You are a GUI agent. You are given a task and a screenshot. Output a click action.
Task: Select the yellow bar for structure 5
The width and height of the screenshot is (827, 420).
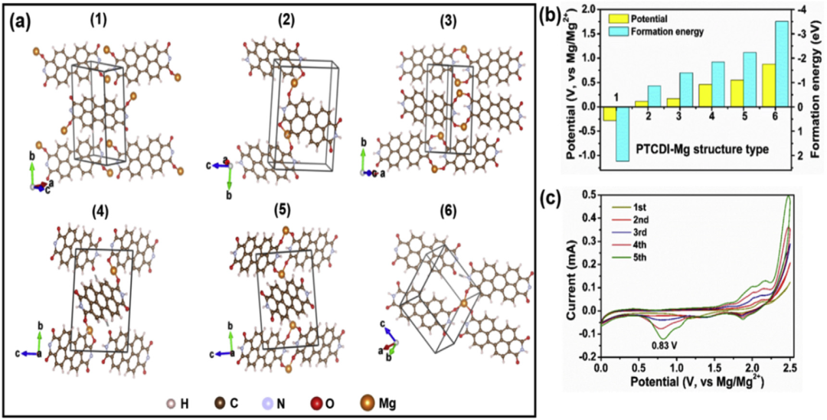pos(737,93)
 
